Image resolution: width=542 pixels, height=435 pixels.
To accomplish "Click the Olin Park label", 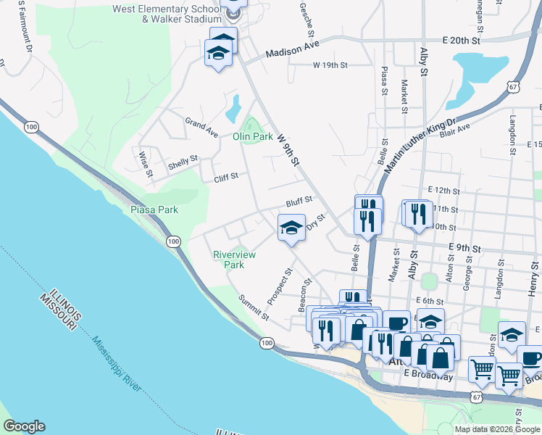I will point(252,136).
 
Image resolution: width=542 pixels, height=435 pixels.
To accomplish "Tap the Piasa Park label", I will point(154,210).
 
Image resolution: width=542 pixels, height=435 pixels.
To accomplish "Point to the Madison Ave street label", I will point(292,52).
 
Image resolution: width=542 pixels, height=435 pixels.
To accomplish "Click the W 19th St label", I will point(330,65).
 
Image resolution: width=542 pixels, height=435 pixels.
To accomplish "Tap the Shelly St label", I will point(183,161).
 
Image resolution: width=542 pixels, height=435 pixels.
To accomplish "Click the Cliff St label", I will point(225,178).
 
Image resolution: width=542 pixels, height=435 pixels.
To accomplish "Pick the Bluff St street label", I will point(298,199).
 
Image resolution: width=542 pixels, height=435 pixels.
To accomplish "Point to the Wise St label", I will point(145,163).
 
